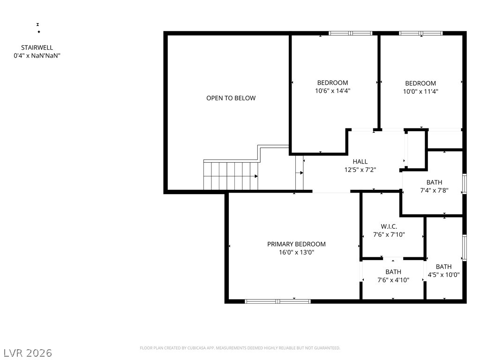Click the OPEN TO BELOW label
[x=231, y=98]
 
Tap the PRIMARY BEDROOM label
[x=296, y=244]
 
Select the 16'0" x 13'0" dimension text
[x=296, y=253]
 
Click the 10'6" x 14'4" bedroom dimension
[x=332, y=91]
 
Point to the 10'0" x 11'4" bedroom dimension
[x=420, y=91]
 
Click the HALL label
[x=360, y=162]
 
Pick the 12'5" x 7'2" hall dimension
[x=360, y=170]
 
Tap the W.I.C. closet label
[x=389, y=226]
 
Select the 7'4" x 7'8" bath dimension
[x=434, y=191]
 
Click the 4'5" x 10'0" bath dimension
[x=443, y=275]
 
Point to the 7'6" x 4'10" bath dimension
[x=393, y=280]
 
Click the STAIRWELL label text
[x=37, y=48]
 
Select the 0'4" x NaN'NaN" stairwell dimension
[x=37, y=56]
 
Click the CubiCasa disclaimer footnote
[x=240, y=348]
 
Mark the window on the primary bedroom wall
[x=277, y=301]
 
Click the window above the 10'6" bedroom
[x=351, y=33]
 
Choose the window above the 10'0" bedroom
[x=420, y=33]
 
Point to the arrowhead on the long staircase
[x=256, y=176]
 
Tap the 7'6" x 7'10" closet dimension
[x=389, y=235]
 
